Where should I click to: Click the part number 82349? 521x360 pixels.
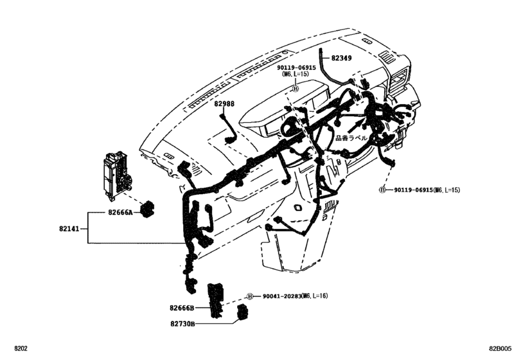(x=341, y=59)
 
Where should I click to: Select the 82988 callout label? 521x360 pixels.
(x=225, y=104)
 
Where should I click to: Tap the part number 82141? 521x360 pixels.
(x=71, y=228)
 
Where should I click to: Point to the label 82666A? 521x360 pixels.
(x=119, y=212)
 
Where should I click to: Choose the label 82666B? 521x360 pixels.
(x=183, y=308)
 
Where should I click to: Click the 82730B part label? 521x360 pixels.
(x=183, y=325)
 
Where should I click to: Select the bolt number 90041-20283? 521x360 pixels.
(x=282, y=296)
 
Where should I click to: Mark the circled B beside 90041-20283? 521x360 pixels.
(x=250, y=296)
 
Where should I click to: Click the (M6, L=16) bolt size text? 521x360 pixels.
(x=315, y=296)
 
